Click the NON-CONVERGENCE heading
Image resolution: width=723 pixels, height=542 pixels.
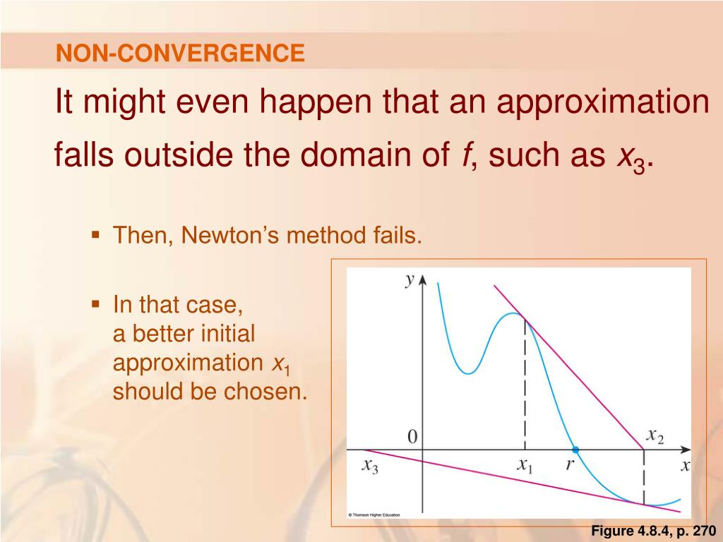(x=180, y=52)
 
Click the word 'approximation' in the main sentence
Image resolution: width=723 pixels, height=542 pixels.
(x=603, y=103)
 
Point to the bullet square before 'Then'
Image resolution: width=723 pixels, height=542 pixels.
(x=95, y=235)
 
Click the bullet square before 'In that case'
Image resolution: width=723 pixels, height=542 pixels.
(x=95, y=304)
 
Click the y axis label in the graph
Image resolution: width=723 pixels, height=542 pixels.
(x=410, y=280)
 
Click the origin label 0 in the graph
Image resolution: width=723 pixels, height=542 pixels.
(x=412, y=436)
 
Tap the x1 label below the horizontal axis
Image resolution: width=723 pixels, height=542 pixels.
(x=525, y=466)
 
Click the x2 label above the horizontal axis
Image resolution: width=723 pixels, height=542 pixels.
(x=655, y=435)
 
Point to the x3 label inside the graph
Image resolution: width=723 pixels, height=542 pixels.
(x=370, y=466)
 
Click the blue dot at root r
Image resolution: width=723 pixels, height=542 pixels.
(x=575, y=450)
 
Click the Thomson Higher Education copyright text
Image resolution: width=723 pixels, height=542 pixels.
(x=374, y=514)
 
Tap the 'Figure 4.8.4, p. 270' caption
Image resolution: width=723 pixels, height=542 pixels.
(x=653, y=531)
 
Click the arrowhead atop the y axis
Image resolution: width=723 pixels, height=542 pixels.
(x=422, y=281)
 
